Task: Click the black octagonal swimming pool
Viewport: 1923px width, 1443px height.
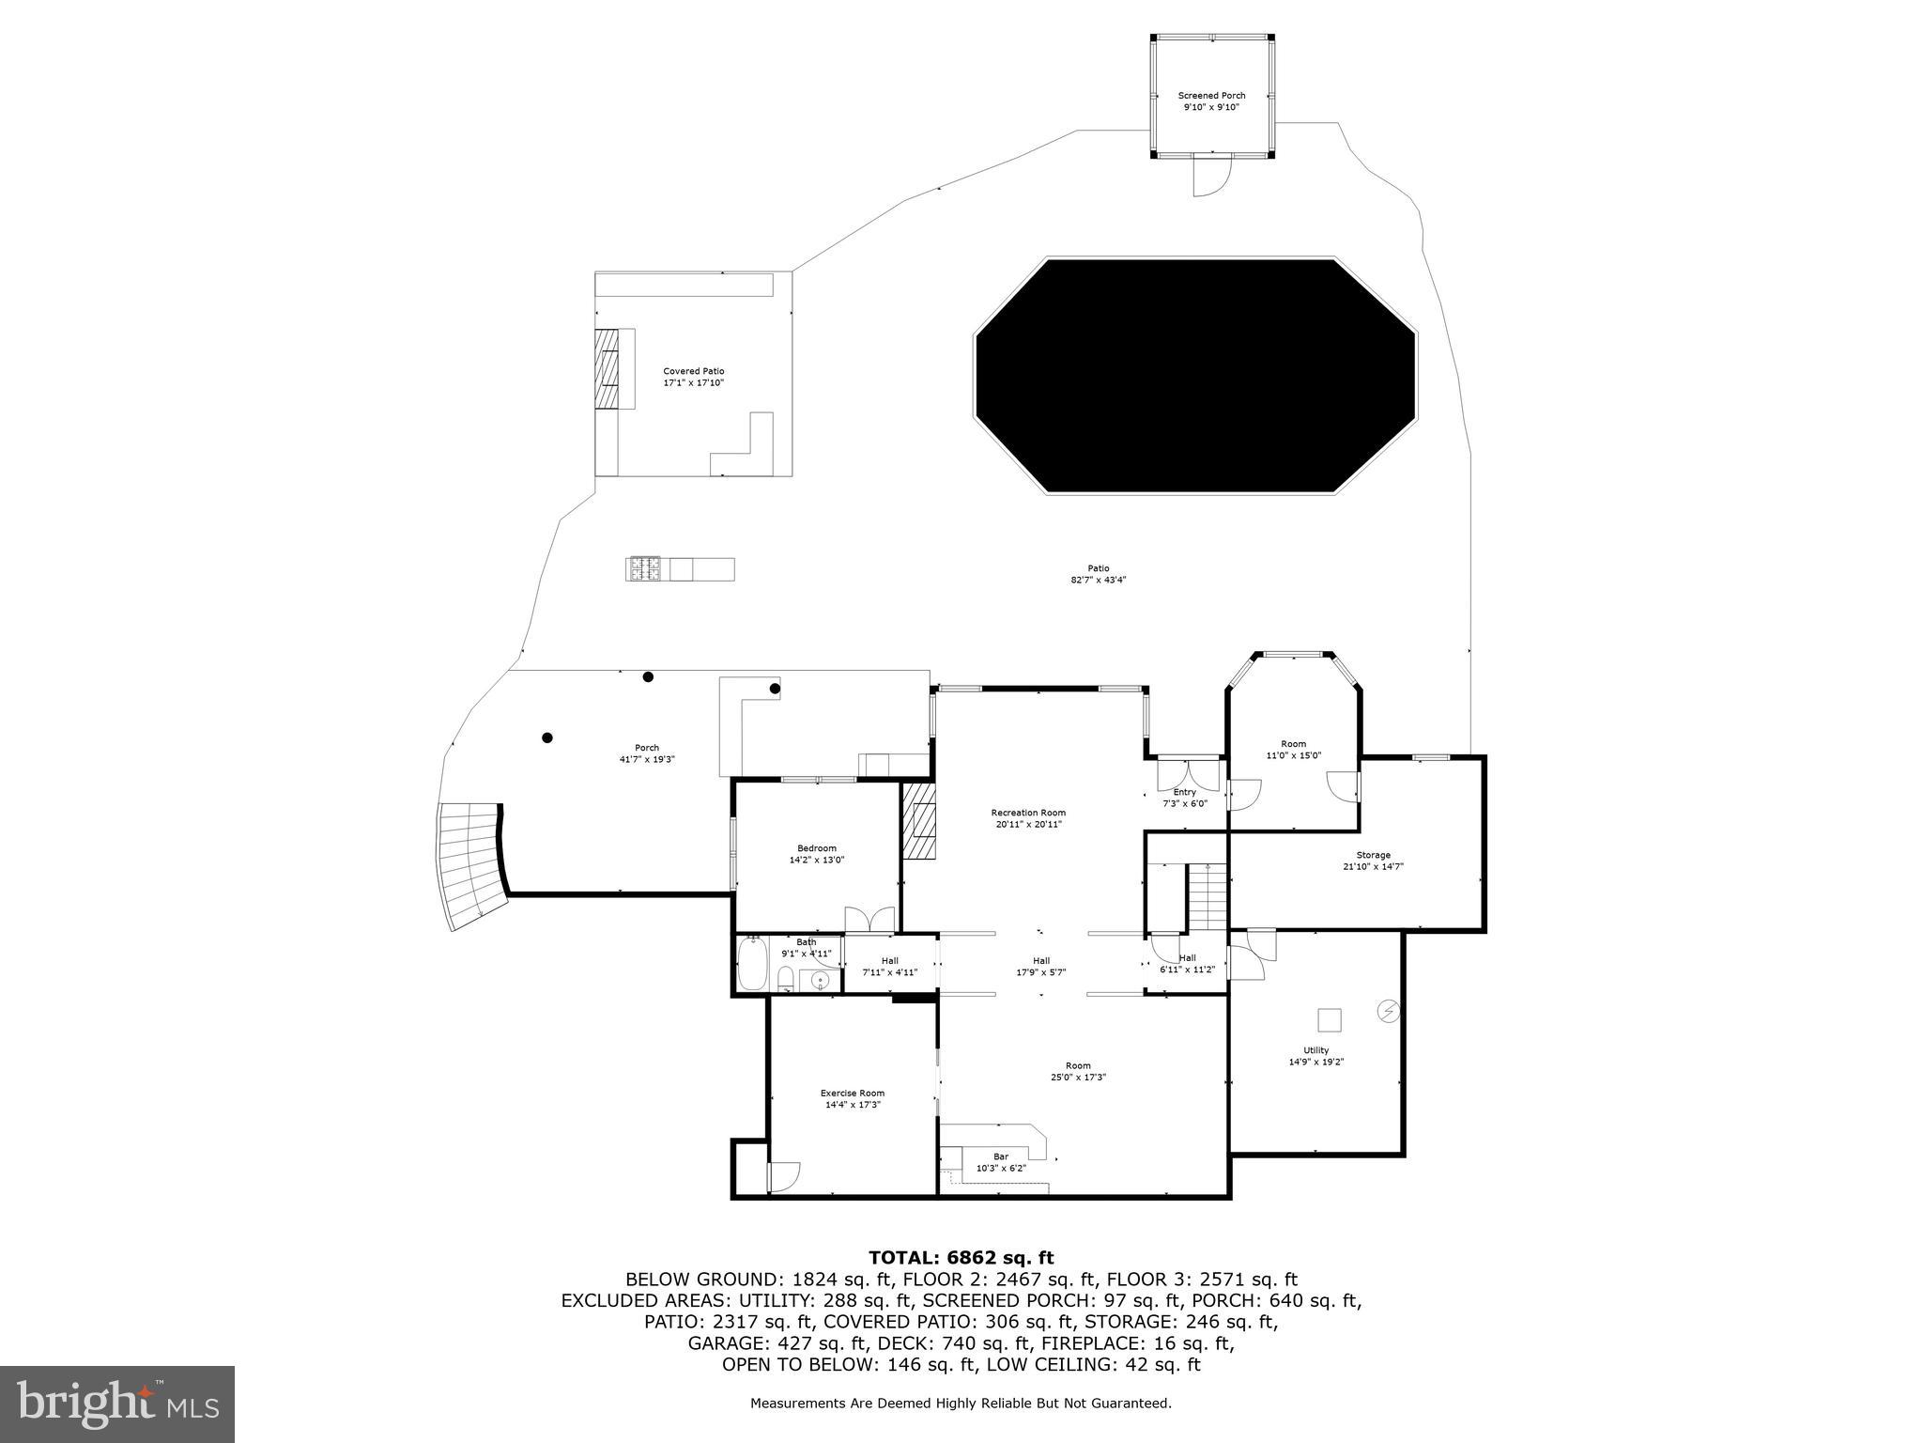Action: (1194, 376)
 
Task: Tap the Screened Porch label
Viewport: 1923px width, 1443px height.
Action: (1211, 101)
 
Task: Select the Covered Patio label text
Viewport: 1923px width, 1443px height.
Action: (694, 377)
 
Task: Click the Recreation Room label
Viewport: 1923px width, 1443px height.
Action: (1028, 818)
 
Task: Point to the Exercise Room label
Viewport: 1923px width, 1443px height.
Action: (852, 1098)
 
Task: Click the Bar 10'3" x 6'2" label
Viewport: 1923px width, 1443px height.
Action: (1001, 1162)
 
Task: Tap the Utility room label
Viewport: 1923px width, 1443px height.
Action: (1315, 1056)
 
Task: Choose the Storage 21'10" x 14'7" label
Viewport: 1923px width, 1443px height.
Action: (1373, 861)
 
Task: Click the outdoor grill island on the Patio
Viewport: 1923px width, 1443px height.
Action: (680, 569)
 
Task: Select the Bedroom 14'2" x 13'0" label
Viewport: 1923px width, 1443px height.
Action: (816, 854)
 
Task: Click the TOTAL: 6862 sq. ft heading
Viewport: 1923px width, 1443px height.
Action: (961, 1258)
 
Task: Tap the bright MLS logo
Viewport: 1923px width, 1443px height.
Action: (117, 1404)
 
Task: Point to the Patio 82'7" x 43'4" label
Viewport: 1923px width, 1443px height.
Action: (1098, 574)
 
